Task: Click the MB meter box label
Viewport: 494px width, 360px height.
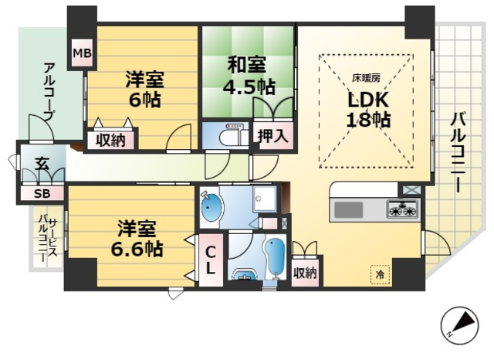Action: (x=81, y=53)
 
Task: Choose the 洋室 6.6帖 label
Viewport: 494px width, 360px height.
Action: (x=140, y=239)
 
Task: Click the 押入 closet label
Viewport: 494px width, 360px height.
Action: (x=273, y=137)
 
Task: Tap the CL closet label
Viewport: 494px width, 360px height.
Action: (x=210, y=260)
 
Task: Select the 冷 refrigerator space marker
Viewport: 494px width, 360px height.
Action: (x=380, y=273)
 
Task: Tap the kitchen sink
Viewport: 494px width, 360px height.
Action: (x=349, y=209)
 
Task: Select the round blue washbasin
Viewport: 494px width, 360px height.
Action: (x=211, y=208)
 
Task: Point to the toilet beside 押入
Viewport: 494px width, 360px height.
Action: (x=230, y=137)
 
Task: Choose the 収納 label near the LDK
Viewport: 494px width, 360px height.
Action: (x=305, y=273)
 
